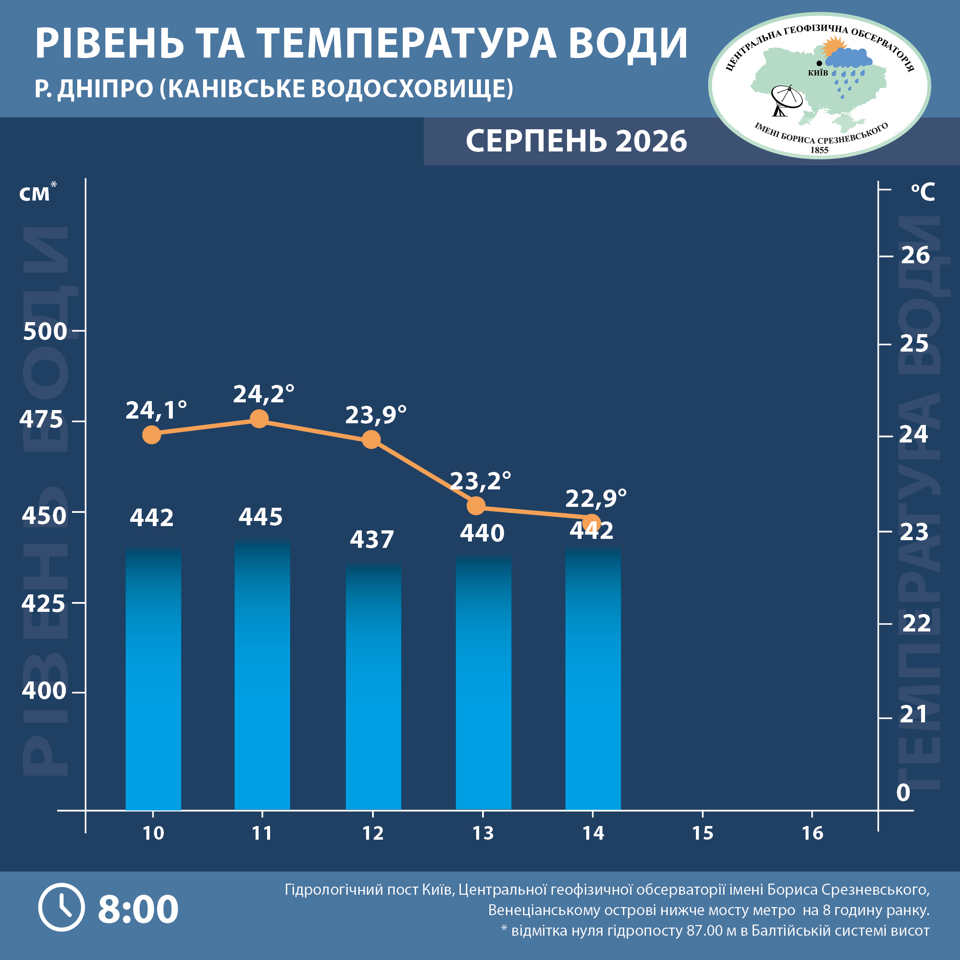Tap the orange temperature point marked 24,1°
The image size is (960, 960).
pos(151,435)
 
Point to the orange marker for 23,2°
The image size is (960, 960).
pos(476,506)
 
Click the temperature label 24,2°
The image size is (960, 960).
pos(264,394)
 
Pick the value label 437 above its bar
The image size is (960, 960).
pos(372,539)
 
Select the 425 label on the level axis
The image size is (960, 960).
pos(43,603)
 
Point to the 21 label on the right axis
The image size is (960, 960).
pos(914,714)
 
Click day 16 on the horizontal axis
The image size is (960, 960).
pos(812,833)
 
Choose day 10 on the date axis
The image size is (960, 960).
pos(153,833)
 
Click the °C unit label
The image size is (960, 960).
pos(923,192)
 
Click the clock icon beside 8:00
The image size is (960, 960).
pos(61,908)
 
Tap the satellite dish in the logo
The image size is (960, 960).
pos(786,100)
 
